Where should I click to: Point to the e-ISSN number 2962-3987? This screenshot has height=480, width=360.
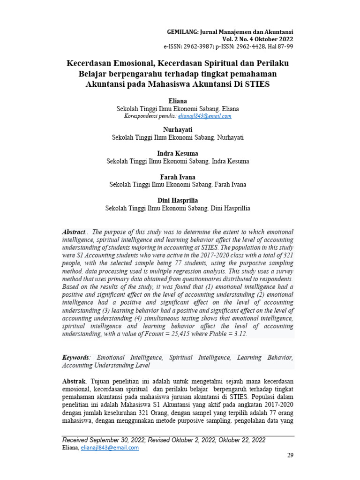[x=195, y=47]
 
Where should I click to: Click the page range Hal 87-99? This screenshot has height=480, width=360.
[x=280, y=47]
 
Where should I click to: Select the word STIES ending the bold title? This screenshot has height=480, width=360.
[x=257, y=84]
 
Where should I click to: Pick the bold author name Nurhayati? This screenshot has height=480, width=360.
[x=178, y=129]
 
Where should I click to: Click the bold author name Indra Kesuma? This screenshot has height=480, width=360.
[x=178, y=153]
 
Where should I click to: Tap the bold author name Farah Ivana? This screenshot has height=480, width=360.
[x=178, y=177]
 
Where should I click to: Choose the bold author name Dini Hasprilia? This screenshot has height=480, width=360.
[x=178, y=200]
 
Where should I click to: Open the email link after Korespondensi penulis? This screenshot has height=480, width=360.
[x=205, y=116]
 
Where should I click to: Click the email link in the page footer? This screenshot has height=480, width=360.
[x=110, y=448]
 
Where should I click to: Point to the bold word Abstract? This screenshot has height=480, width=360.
[x=74, y=232]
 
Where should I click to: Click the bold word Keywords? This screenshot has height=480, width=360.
[x=76, y=358]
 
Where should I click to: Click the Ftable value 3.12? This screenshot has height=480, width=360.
[x=240, y=333]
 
